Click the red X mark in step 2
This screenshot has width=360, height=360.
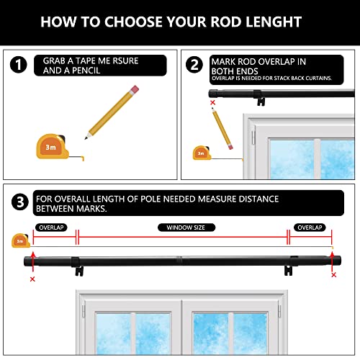click(212, 103)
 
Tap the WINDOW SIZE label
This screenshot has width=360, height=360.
click(181, 227)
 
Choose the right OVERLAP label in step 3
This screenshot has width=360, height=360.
click(311, 227)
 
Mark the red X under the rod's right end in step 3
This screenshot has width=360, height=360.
click(333, 275)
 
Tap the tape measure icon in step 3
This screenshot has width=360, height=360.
click(19, 240)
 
